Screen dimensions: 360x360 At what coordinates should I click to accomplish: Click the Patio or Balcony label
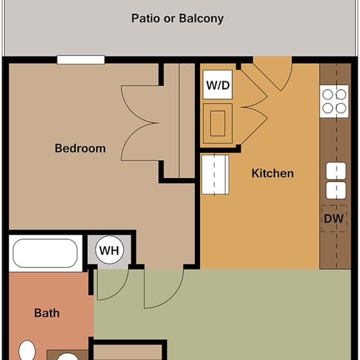(x=177, y=19)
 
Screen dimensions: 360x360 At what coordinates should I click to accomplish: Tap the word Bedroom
(x=80, y=148)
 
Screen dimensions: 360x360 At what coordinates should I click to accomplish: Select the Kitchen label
(x=272, y=173)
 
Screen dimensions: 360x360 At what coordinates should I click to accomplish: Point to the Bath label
(x=47, y=313)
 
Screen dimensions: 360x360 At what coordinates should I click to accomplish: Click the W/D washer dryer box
(x=217, y=85)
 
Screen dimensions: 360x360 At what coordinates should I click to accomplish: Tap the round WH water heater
(x=109, y=250)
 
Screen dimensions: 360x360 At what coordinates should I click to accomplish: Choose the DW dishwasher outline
(x=334, y=219)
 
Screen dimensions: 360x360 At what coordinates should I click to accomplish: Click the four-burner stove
(x=334, y=101)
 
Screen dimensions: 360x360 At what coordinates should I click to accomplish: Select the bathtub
(x=45, y=253)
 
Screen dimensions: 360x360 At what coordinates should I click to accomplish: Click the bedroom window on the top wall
(x=81, y=60)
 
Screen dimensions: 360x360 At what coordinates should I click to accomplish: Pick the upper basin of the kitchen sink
(x=336, y=171)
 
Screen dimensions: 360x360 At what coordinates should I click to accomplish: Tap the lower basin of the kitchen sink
(x=336, y=191)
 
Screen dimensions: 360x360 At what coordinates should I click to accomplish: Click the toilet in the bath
(x=27, y=350)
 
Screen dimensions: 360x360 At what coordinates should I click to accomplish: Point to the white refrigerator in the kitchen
(x=215, y=174)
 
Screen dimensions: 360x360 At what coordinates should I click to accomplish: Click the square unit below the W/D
(x=217, y=124)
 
